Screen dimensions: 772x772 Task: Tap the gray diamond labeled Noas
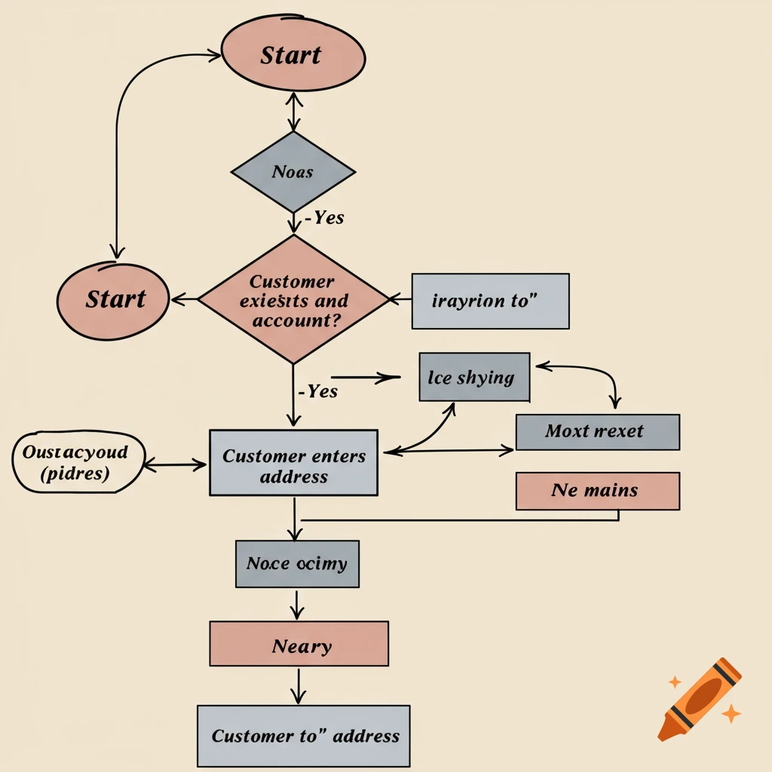click(x=293, y=172)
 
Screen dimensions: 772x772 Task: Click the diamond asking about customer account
click(x=293, y=299)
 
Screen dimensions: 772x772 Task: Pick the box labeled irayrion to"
click(x=490, y=302)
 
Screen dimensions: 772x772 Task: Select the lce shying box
click(x=474, y=377)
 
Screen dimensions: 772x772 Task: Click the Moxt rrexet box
click(x=597, y=432)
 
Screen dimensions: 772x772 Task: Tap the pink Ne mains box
click(x=597, y=491)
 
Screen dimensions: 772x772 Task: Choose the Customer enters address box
click(x=293, y=462)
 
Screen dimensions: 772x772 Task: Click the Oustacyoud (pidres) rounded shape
click(x=77, y=462)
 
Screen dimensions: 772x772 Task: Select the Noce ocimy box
click(x=297, y=564)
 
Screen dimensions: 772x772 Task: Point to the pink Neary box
click(x=299, y=644)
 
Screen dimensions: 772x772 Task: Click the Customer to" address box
click(x=303, y=736)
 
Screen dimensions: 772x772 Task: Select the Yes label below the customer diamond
click(x=319, y=391)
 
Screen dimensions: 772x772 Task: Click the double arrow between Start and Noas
click(x=294, y=112)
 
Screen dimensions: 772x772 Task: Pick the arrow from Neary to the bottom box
click(x=299, y=685)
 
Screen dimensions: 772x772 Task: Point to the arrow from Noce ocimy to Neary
click(x=298, y=605)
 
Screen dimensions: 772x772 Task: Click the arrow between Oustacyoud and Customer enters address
click(x=175, y=465)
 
